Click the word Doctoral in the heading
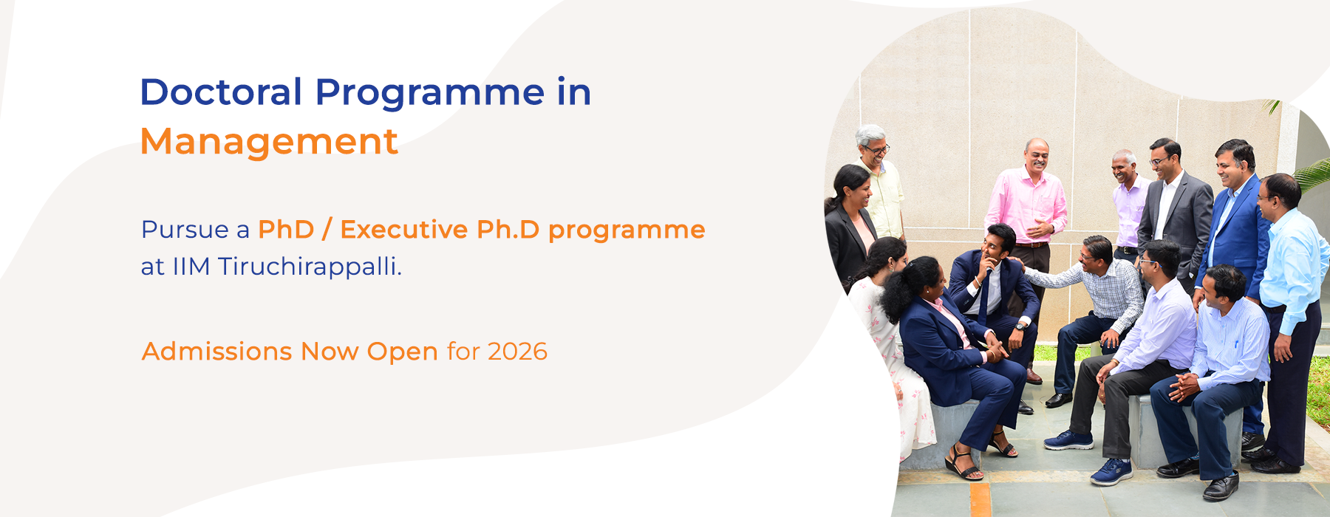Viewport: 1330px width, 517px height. tap(221, 93)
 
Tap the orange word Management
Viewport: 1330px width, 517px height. tap(269, 142)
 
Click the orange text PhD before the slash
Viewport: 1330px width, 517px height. tap(286, 230)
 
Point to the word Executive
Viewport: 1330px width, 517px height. tap(403, 230)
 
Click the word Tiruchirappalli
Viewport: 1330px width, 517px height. tap(310, 267)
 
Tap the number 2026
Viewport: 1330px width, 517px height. tap(517, 352)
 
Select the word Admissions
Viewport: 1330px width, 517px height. tap(217, 352)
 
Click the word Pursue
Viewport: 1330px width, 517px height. tap(185, 230)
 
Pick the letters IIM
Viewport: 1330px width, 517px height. tap(191, 267)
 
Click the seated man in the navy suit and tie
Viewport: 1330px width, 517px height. tap(990, 288)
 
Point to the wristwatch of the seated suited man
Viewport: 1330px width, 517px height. tap(1020, 325)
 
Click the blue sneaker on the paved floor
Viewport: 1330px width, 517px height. tap(1111, 471)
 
